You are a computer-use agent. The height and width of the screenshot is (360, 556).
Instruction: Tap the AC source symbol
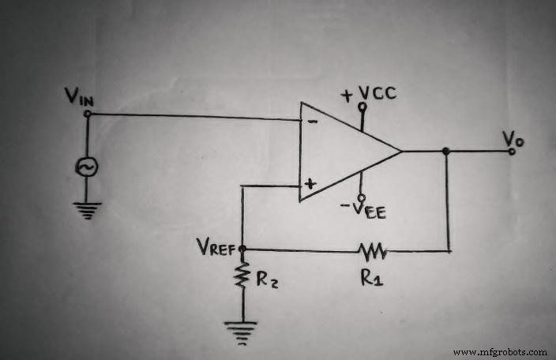86,167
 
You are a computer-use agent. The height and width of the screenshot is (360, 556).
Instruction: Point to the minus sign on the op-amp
312,123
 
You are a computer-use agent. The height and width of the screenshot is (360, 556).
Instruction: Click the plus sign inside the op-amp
310,184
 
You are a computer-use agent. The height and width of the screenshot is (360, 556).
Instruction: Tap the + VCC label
368,95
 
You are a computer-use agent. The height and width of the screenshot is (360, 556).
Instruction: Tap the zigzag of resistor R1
372,252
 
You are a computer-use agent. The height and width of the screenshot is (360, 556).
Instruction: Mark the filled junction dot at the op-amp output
447,151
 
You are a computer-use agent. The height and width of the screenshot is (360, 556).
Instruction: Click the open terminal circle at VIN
87,114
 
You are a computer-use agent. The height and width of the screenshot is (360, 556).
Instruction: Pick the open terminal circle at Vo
512,151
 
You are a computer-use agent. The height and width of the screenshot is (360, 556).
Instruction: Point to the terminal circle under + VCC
362,106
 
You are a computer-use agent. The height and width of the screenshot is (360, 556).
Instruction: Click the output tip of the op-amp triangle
401,151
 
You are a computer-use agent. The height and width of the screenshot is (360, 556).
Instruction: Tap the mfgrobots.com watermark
500,352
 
